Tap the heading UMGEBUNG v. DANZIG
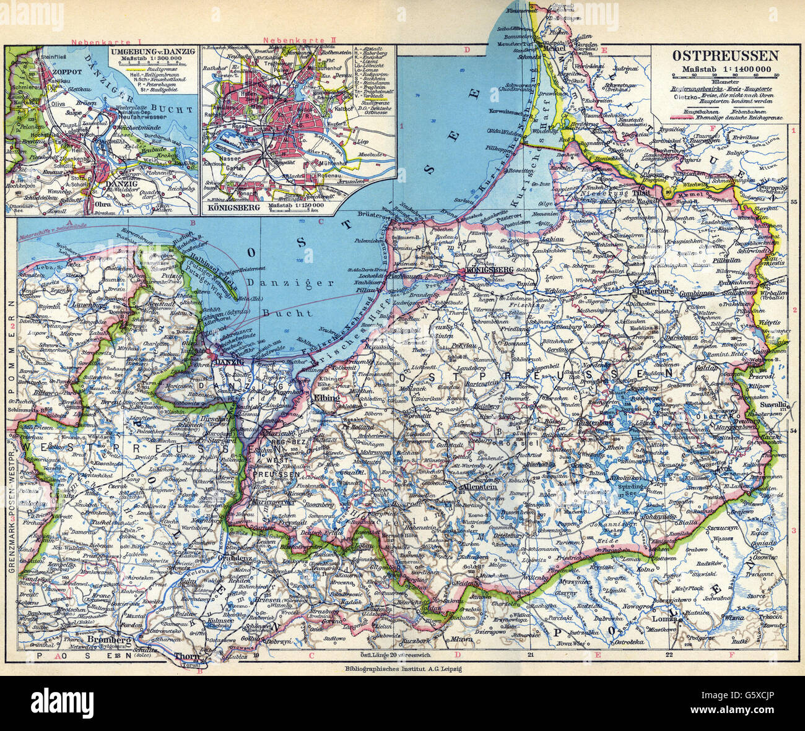[x=147, y=51]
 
